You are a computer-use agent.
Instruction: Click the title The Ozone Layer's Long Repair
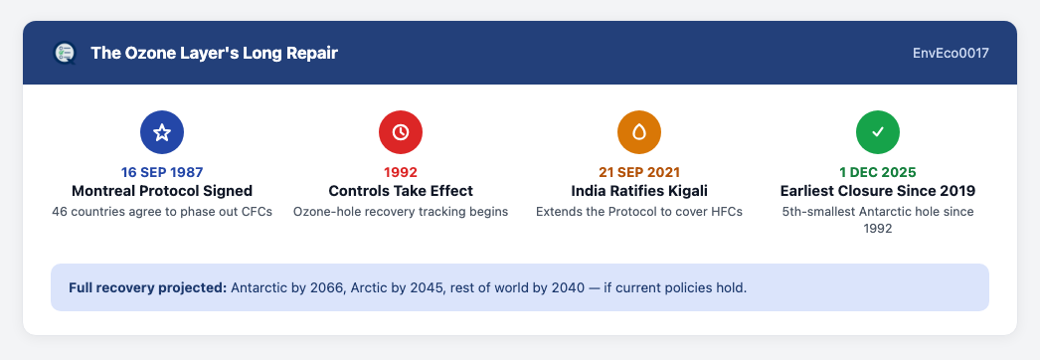214,53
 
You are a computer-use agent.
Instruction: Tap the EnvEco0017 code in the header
951,53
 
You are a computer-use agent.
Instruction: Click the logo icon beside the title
65,53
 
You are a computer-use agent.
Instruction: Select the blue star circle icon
162,132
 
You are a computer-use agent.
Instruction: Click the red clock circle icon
401,132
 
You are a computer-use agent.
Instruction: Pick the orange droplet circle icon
639,132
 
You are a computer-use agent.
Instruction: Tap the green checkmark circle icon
878,132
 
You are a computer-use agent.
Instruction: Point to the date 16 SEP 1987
162,172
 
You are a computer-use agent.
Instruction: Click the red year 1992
401,172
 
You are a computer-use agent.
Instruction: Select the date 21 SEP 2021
639,172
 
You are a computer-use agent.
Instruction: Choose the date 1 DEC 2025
878,172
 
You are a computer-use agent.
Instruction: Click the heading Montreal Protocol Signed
162,191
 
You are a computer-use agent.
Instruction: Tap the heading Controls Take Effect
401,191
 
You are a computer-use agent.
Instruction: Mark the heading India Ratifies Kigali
639,191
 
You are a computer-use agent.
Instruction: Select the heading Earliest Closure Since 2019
878,191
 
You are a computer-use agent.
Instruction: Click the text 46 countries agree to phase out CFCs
162,212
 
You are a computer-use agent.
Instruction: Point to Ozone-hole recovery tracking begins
401,212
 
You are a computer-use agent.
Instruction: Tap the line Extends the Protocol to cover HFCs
639,212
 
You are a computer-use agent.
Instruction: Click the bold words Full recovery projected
148,288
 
